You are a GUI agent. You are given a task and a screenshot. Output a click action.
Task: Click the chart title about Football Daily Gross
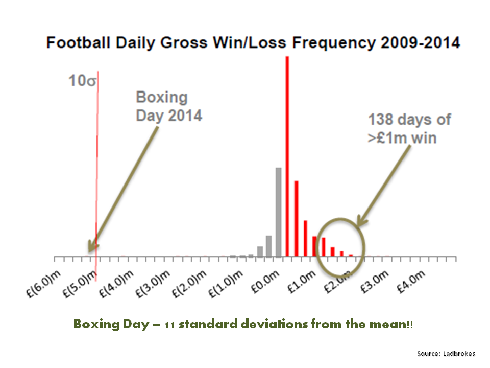click(253, 42)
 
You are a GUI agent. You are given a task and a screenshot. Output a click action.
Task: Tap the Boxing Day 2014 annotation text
click(168, 106)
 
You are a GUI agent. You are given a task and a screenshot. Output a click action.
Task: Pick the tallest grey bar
click(278, 212)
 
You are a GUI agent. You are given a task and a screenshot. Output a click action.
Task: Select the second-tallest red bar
click(296, 218)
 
